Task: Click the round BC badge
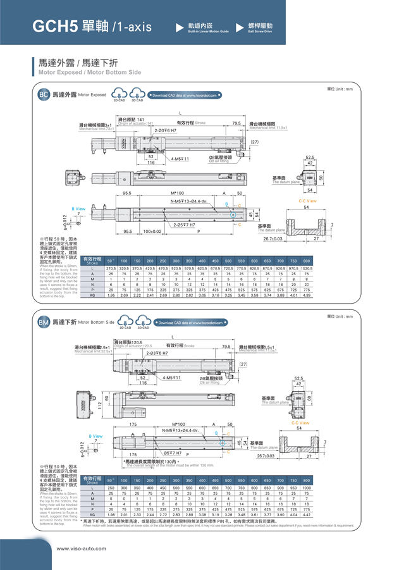[x=44, y=95]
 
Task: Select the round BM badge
[x=44, y=323]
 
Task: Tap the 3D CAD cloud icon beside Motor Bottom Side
[x=144, y=323]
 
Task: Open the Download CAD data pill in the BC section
[x=185, y=96]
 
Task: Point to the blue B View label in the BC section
[x=78, y=208]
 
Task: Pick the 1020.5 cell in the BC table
[x=307, y=269]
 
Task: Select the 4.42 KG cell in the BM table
[x=307, y=515]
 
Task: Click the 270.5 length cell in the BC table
[x=111, y=269]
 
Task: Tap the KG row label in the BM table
[x=92, y=515]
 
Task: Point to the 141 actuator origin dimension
[x=140, y=119]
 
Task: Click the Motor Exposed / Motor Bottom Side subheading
[x=90, y=73]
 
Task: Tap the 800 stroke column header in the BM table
[x=307, y=481]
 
